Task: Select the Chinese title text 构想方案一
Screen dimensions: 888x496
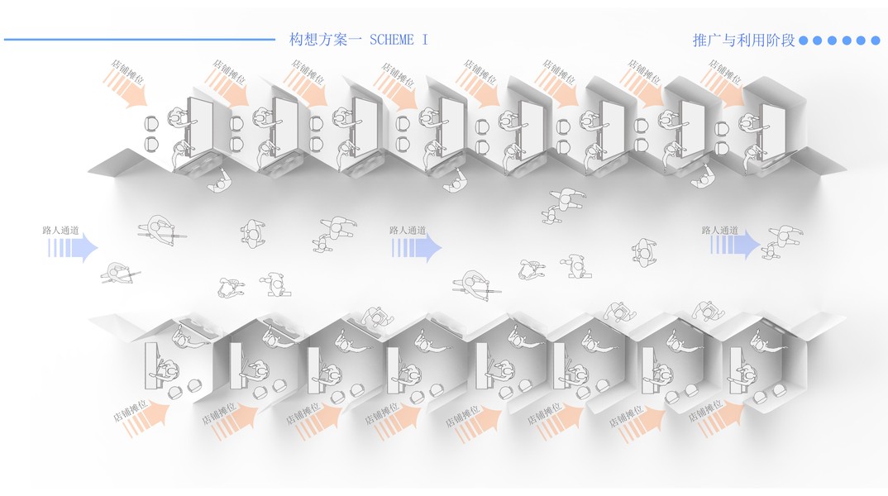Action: click(x=321, y=40)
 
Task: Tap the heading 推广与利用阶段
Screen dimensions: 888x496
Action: click(x=743, y=40)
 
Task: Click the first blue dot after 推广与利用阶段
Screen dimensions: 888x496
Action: click(x=806, y=40)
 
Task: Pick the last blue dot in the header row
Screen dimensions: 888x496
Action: click(x=876, y=40)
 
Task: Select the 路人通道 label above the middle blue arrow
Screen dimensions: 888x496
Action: click(x=408, y=231)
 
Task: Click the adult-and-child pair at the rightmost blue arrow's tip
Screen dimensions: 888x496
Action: click(x=781, y=241)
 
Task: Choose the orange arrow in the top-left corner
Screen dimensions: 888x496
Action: click(x=125, y=88)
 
